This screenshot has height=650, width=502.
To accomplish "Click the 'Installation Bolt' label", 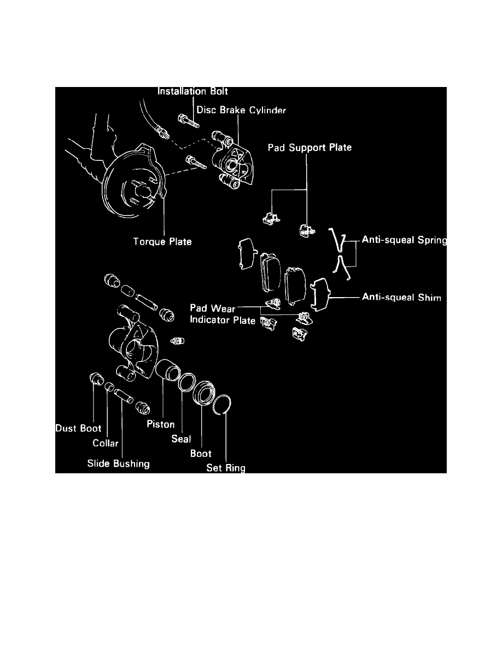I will point(192,91).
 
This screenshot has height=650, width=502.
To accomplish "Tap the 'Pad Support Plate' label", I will point(309,148).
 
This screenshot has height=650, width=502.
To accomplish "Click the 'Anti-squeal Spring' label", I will point(404,240).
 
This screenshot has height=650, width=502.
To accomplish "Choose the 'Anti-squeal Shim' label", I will point(401,298).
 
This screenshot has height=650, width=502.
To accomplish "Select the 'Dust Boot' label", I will point(79,428).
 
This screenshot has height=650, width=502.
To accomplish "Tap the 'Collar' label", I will point(106,443).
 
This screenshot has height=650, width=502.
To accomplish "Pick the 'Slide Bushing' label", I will point(118,464).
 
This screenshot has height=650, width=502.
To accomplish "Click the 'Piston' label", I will point(160,425).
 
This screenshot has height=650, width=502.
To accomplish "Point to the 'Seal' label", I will point(181,439).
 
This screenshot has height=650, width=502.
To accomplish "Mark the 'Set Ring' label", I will point(226,468).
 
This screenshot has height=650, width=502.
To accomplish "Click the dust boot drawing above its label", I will point(97,378).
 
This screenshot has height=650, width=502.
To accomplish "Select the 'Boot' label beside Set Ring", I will point(201,454).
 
